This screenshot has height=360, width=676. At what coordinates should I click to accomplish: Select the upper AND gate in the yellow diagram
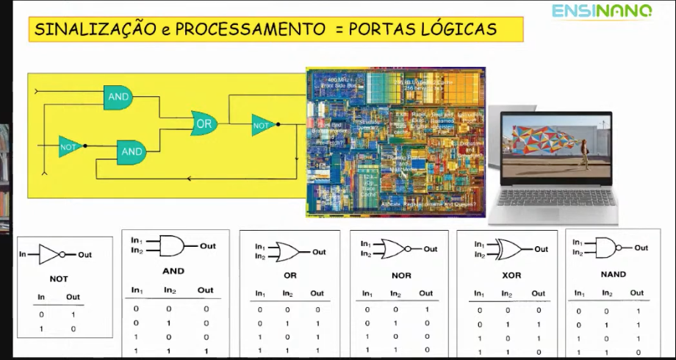pos(118,97)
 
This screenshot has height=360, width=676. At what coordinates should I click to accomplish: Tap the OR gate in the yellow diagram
pos(204,123)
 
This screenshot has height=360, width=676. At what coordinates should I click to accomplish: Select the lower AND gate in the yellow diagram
pos(132,152)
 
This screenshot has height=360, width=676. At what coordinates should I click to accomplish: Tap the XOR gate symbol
pos(511,249)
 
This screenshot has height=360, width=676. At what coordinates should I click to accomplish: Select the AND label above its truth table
pos(173,271)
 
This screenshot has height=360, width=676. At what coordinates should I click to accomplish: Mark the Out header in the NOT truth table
pos(73,298)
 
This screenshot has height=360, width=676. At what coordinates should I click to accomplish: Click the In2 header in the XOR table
pos(506,294)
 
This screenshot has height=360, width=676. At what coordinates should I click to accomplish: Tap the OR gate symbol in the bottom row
pos(288,252)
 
